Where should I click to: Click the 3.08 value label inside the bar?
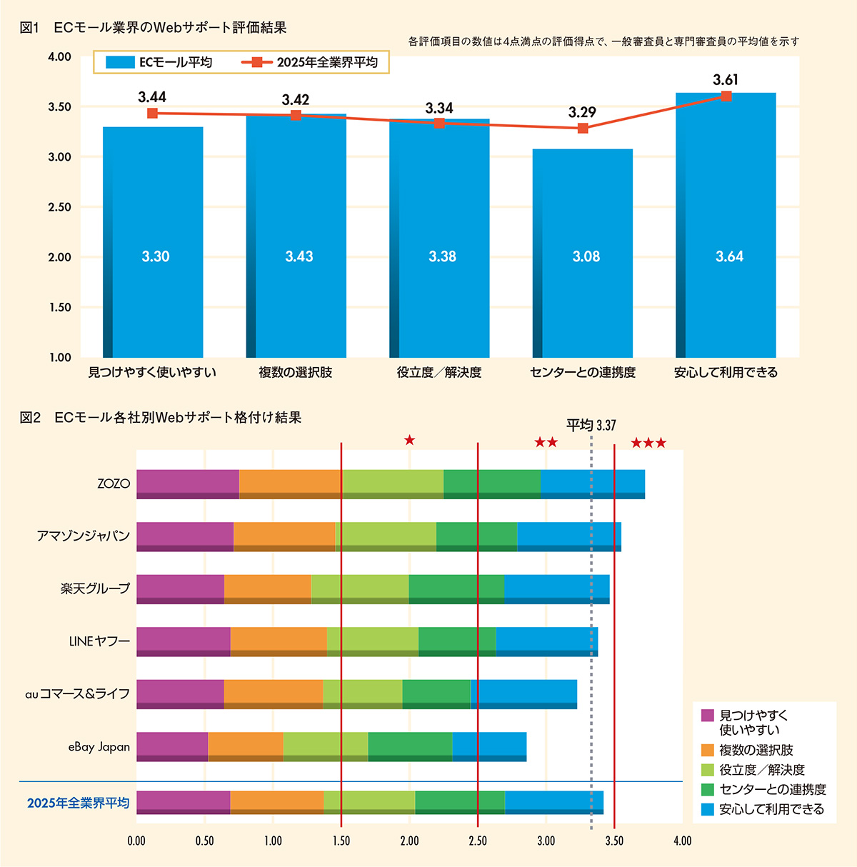[586, 256]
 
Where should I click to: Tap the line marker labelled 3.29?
[583, 129]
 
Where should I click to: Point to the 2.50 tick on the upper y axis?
[59, 207]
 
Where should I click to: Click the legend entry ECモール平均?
[160, 62]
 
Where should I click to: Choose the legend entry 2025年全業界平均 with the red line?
[311, 62]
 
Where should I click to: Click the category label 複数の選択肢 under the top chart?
[296, 372]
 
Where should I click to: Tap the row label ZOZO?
[114, 483]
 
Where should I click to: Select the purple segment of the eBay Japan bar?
[172, 746]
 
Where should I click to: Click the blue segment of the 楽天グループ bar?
[556, 588]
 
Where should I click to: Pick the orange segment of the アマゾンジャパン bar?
[284, 536]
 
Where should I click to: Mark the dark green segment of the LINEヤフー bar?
[457, 641]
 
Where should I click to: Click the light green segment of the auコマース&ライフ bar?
[362, 693]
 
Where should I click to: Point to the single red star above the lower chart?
[409, 440]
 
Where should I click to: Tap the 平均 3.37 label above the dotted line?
[591, 426]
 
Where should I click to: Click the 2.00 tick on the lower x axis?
[409, 841]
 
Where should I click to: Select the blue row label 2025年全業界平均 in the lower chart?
[78, 803]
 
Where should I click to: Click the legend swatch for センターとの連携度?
[708, 789]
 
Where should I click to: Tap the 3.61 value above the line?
[726, 80]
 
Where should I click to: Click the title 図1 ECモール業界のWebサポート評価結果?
[154, 28]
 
